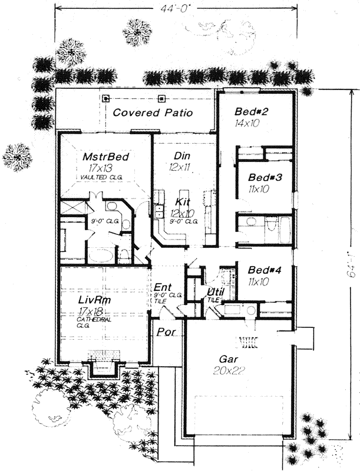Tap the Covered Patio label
point(153,112)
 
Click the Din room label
point(182,155)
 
